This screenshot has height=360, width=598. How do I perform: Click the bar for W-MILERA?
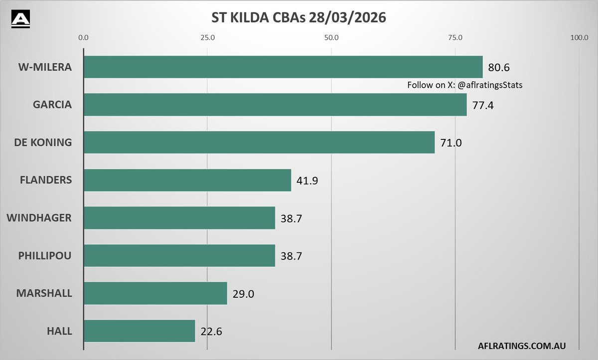click(283, 67)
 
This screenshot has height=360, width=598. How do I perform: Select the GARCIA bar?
click(275, 105)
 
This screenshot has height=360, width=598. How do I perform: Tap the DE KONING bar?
click(259, 142)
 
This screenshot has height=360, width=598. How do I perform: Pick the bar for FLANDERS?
click(187, 180)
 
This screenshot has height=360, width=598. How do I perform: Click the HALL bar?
click(140, 331)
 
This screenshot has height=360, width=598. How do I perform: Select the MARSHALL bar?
click(155, 293)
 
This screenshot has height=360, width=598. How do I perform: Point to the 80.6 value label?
click(499, 67)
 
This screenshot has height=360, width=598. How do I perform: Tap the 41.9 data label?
click(307, 181)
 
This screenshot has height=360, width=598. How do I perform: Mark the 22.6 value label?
click(212, 332)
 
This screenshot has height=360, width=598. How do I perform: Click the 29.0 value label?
click(244, 294)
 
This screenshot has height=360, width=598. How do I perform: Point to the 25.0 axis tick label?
click(207, 37)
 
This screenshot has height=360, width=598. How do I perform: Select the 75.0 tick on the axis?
click(455, 37)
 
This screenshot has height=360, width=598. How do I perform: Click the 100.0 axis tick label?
click(579, 37)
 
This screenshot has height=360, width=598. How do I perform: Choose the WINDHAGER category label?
click(39, 218)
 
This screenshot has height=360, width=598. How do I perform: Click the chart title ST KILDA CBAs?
click(299, 18)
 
